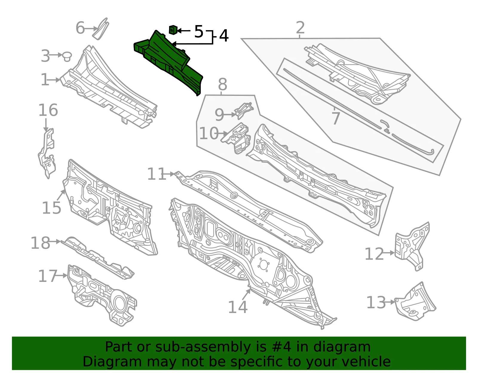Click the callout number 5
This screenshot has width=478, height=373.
[x=199, y=32]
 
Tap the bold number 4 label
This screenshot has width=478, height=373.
[x=224, y=36]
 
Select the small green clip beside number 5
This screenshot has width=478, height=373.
[x=173, y=30]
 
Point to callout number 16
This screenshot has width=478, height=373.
[x=48, y=110]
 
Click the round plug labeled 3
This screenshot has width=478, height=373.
[x=67, y=56]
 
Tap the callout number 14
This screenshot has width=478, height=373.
[x=238, y=307]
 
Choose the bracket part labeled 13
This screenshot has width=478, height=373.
[x=415, y=301]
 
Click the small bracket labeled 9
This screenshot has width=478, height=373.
[x=243, y=110]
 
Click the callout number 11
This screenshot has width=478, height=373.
[x=156, y=174]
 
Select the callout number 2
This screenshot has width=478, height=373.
[x=300, y=27]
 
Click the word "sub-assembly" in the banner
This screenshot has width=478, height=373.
[x=203, y=347]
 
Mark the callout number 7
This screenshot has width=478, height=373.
[x=336, y=119]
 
